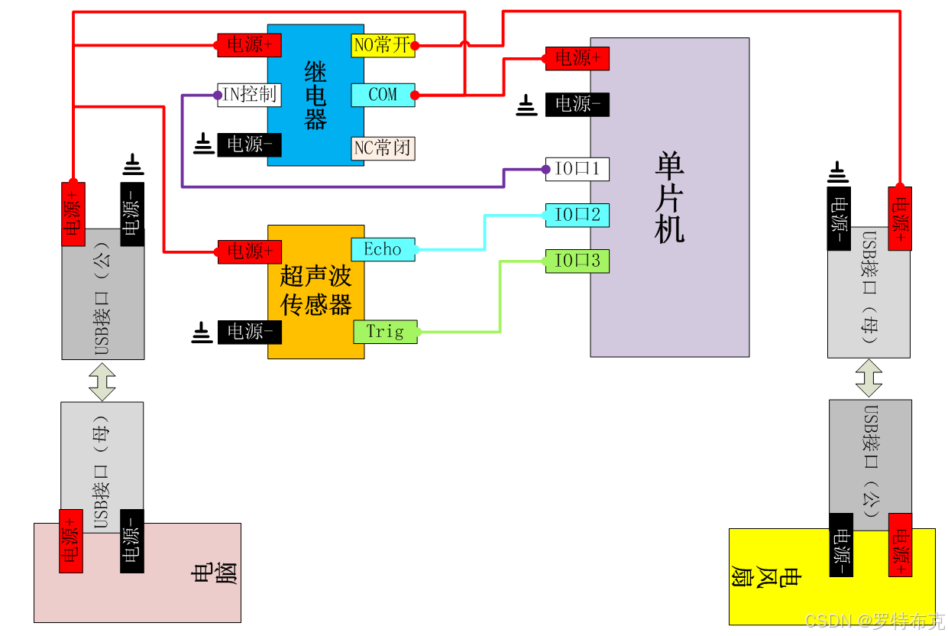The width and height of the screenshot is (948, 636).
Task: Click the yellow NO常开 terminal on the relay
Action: point(383,46)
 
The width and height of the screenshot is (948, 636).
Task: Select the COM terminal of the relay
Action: point(383,95)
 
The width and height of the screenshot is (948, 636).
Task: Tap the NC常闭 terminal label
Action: point(383,148)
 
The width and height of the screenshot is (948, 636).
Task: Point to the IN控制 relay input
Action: point(249,95)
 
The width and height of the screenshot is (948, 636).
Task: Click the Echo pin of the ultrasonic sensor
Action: point(383,249)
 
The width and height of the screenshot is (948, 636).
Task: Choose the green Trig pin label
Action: point(385,332)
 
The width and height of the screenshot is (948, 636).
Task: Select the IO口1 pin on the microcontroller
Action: point(578,169)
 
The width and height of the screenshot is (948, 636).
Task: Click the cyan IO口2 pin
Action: point(578,215)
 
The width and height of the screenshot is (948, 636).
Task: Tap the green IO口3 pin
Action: point(578,261)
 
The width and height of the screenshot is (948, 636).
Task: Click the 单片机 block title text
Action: point(670,197)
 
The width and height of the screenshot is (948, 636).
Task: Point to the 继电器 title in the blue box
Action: point(315,96)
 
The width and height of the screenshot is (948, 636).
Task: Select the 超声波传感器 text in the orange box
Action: point(315,290)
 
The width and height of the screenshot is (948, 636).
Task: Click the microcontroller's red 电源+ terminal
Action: point(578,58)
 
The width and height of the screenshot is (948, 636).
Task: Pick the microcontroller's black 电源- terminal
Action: point(578,104)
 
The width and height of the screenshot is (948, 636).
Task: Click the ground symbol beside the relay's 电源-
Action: point(203,143)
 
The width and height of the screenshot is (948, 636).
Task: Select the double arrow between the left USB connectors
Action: point(102,381)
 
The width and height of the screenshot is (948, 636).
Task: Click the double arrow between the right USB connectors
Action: point(869,378)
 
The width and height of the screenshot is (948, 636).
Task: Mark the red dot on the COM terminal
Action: point(415,96)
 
